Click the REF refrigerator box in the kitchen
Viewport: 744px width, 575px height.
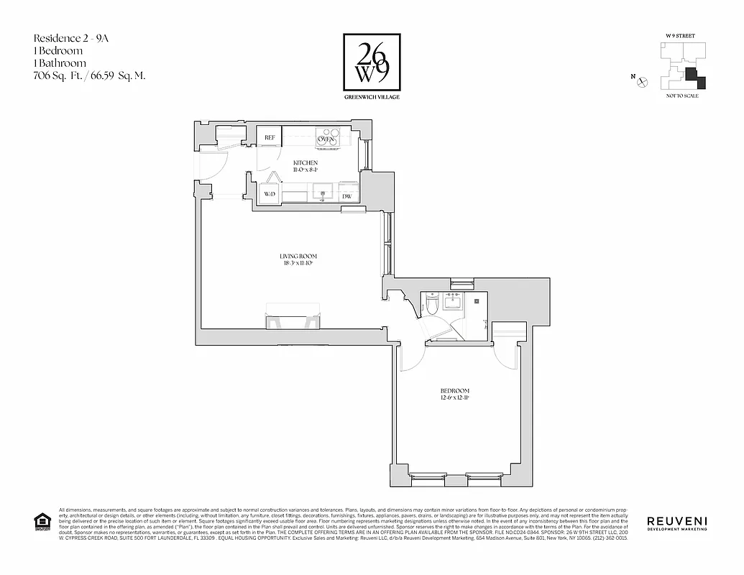click(270, 137)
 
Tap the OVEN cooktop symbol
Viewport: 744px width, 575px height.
click(329, 137)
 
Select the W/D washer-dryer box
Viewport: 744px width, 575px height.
click(270, 194)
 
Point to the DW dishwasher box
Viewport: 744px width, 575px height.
click(347, 195)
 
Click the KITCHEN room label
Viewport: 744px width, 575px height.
click(306, 163)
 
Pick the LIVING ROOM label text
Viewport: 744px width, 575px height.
click(298, 257)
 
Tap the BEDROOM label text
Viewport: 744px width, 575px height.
click(455, 392)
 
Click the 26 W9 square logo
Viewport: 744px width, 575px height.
click(370, 62)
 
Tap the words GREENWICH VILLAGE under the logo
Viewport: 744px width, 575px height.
click(371, 97)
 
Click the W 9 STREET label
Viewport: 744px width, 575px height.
click(682, 34)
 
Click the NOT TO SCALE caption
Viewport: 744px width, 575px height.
click(682, 96)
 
